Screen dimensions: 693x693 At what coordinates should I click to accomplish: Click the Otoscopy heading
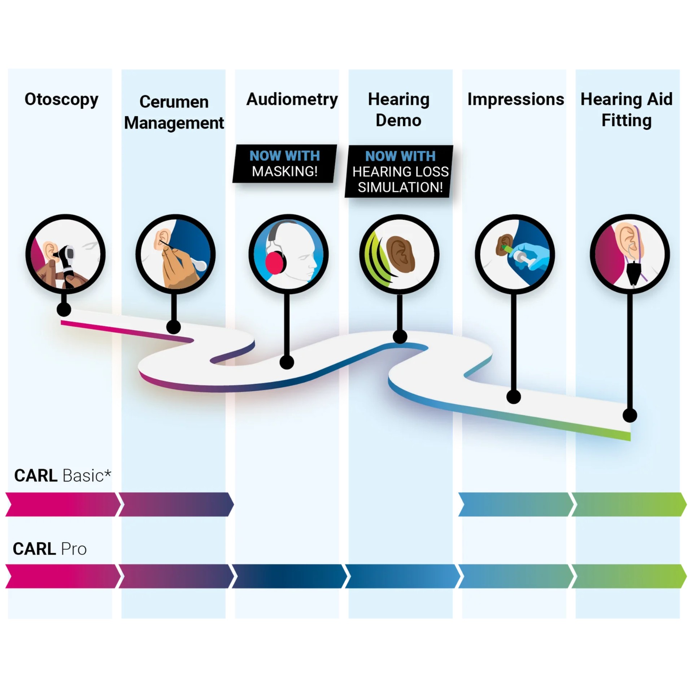click(x=61, y=100)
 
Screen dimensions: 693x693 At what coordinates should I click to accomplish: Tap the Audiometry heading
click(x=292, y=100)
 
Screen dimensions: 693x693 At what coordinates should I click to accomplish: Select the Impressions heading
click(x=515, y=100)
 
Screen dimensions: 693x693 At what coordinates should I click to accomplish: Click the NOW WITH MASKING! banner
click(x=284, y=164)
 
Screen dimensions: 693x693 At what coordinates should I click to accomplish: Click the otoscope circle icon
click(x=65, y=254)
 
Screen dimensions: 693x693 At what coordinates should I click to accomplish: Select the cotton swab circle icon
click(x=175, y=254)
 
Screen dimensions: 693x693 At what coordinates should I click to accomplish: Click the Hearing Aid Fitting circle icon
click(x=629, y=254)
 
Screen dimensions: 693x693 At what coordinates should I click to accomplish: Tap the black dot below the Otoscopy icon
click(x=64, y=310)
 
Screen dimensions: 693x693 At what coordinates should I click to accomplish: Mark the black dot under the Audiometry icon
click(x=287, y=362)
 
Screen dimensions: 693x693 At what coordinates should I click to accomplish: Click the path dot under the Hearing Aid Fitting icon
click(x=630, y=415)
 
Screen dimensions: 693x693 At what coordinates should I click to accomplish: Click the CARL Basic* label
click(x=62, y=476)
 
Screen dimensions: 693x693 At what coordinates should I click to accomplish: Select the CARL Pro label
click(x=50, y=549)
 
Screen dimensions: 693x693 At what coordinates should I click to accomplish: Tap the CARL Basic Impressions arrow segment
click(x=515, y=504)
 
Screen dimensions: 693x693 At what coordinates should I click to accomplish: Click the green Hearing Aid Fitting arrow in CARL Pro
click(x=628, y=576)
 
